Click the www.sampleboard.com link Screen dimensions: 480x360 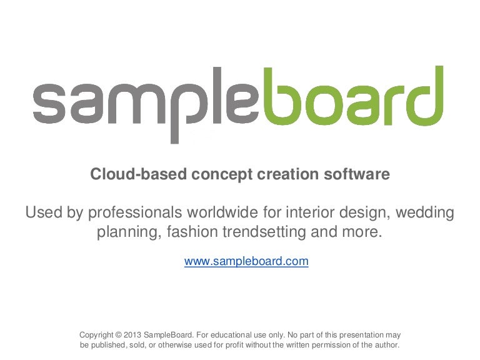246,261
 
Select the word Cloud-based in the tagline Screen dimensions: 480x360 138,174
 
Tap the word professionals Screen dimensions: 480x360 135,212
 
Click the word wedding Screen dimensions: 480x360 424,212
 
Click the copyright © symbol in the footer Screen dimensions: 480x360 119,335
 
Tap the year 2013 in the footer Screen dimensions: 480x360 132,335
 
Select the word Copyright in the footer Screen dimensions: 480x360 96,335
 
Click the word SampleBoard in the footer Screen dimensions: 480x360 168,335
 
